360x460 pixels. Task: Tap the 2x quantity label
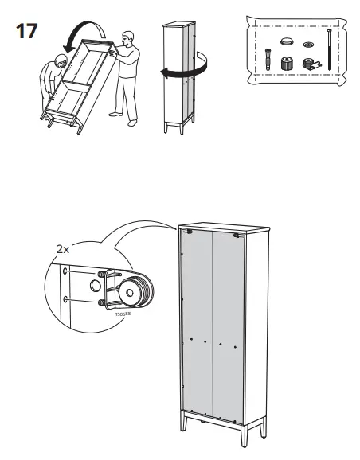(63, 250)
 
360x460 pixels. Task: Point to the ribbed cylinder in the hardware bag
(286, 61)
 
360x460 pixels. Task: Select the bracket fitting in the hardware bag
(307, 63)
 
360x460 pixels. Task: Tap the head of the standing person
(127, 38)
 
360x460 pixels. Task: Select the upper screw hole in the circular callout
(65, 271)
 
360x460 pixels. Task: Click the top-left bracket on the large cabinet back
(190, 232)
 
